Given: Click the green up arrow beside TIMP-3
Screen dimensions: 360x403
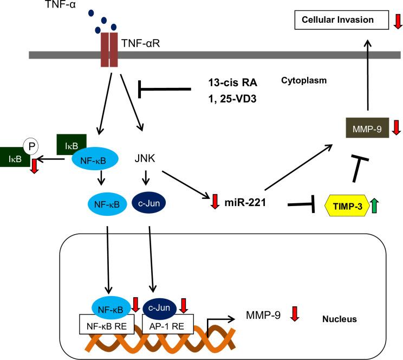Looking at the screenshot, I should point(374,207).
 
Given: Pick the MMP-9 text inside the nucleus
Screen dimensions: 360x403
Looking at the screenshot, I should point(263,314).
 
